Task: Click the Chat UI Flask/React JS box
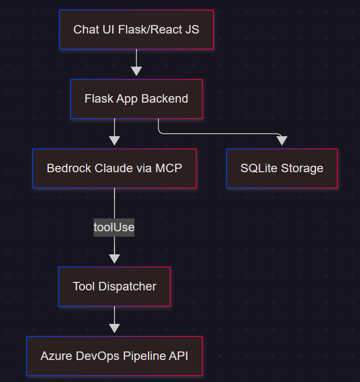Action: (136, 30)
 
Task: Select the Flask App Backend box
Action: (136, 99)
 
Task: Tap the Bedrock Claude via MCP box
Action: (114, 168)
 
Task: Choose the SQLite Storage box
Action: (281, 168)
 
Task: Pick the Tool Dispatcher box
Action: (114, 286)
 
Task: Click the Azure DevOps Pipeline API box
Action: (114, 356)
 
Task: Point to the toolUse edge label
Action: (114, 227)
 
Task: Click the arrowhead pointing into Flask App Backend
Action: (136, 71)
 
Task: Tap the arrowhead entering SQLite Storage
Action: (282, 141)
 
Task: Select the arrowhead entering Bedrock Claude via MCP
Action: (114, 140)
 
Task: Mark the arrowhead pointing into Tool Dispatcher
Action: (114, 258)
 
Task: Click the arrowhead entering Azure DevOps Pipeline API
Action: (114, 328)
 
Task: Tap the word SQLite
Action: (257, 168)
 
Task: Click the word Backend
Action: (164, 99)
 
